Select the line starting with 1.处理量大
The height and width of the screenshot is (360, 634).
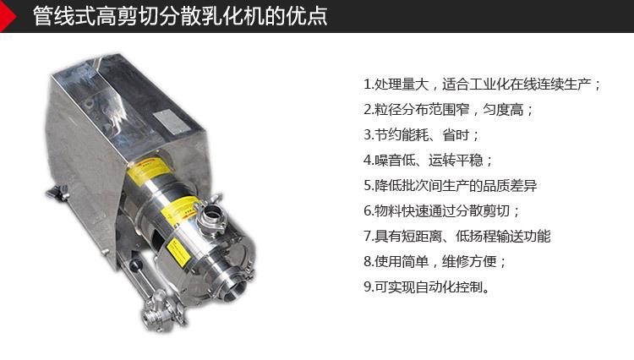pos(482,85)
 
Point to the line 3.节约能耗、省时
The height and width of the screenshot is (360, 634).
pos(422,134)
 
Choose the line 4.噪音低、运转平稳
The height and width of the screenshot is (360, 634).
pos(429,160)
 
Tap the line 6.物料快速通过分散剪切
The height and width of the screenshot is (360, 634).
pos(442,210)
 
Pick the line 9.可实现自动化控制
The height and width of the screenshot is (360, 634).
pos(427,286)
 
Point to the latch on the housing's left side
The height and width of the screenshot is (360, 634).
pos(57,194)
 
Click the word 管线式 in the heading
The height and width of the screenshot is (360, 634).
pos(57,17)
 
